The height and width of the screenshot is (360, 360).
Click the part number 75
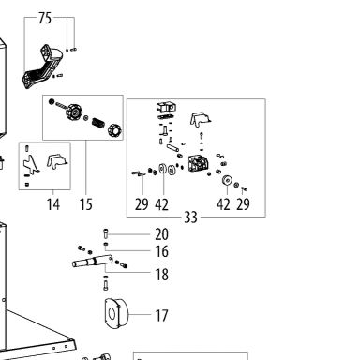45,18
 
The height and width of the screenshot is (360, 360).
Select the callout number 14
53,204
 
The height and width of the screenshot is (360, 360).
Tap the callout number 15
85,204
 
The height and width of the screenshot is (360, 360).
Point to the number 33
190,217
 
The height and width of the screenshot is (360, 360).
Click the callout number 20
161,234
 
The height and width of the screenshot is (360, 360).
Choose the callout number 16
162,251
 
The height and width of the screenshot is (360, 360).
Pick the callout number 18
162,275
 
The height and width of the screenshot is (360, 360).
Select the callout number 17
161,316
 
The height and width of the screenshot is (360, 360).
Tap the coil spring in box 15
97,124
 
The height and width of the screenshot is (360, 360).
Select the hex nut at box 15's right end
114,130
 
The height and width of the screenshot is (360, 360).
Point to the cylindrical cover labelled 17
116,313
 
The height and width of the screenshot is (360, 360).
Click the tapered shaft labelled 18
93,261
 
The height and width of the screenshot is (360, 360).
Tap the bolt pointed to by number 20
106,233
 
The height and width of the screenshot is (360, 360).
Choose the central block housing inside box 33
199,163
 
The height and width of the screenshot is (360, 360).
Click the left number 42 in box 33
161,204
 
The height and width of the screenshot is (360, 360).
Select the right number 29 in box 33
243,204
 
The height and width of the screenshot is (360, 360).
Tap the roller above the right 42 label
227,181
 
